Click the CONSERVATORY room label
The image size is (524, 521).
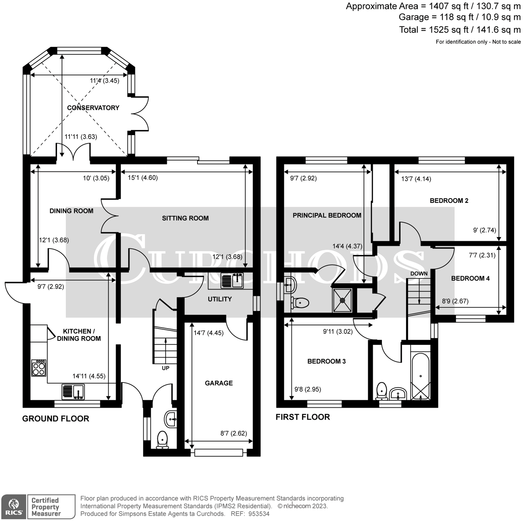click(93, 108)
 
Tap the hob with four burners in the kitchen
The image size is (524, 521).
click(39, 368)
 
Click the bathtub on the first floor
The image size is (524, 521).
click(420, 376)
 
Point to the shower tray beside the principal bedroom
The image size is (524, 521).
click(343, 300)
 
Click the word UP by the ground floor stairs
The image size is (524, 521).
click(165, 368)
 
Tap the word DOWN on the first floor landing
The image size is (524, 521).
click(419, 274)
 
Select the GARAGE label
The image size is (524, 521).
click(219, 383)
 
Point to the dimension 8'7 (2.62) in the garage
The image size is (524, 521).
click(234, 433)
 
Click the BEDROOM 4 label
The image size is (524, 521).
click(470, 278)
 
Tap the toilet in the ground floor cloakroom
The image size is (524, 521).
click(162, 439)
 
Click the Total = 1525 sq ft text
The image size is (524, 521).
click(459, 30)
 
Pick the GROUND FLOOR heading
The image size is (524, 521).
click(56, 419)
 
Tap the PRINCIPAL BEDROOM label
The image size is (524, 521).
click(327, 215)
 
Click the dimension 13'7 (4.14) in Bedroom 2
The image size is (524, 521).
click(416, 179)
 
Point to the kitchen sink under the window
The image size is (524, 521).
click(73, 391)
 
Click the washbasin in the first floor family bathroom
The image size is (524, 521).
click(398, 393)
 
